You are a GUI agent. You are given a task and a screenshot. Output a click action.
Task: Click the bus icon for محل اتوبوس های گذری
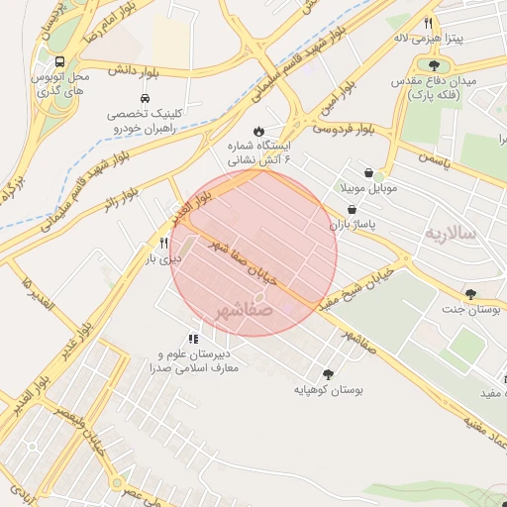click(62, 59)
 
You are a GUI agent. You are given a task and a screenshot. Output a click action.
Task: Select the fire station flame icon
click(259, 130)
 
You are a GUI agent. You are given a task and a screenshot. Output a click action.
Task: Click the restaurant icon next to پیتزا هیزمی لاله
click(428, 23)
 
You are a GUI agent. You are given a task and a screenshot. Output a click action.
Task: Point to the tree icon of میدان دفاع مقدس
click(434, 65)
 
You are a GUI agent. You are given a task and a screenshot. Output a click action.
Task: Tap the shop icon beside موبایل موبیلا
click(368, 172)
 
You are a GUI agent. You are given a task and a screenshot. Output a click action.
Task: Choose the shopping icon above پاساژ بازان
click(354, 209)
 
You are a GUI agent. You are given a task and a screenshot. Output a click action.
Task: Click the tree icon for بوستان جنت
click(470, 293)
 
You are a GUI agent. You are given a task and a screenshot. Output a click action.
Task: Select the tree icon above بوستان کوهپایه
click(328, 373)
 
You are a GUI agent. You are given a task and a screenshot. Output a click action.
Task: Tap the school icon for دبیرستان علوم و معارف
click(193, 339)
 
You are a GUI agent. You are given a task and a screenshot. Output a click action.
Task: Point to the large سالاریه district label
click(451, 234)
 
